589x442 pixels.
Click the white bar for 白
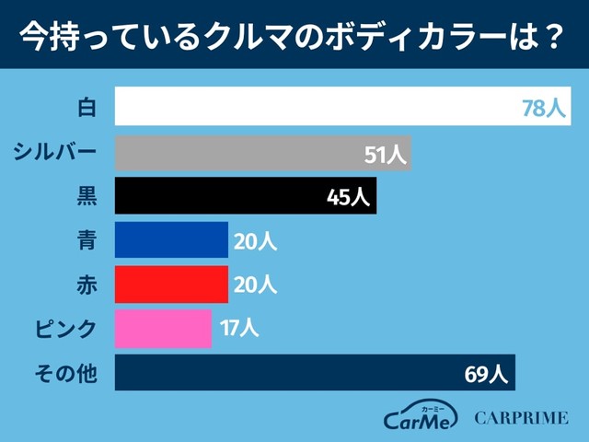(x=313, y=106)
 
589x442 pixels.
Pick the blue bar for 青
(x=171, y=239)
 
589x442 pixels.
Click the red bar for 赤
(x=171, y=284)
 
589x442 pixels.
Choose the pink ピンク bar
(x=163, y=328)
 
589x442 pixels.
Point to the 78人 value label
(x=543, y=108)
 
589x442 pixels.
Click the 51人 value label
(x=385, y=154)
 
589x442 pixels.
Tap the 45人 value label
(x=349, y=197)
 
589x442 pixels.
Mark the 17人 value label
(x=239, y=328)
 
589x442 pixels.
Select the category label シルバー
(x=55, y=152)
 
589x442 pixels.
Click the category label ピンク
(x=65, y=328)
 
